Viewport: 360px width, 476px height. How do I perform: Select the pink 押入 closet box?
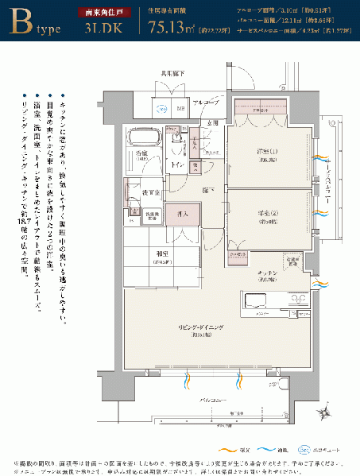tap(182, 214)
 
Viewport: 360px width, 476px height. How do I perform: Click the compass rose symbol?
tap(327, 411)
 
